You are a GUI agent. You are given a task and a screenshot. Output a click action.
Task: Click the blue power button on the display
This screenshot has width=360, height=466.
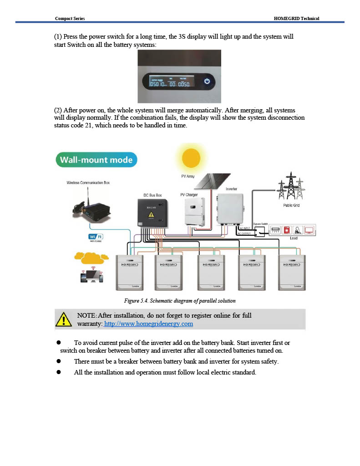click(207, 81)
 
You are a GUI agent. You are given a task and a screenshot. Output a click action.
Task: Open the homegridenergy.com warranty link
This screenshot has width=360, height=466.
click(148, 324)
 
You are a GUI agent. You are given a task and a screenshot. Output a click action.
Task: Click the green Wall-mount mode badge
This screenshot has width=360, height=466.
click(96, 160)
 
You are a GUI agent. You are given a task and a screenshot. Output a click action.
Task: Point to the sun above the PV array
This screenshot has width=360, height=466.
click(191, 158)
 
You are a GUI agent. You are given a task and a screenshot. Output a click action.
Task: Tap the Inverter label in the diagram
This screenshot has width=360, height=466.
click(231, 189)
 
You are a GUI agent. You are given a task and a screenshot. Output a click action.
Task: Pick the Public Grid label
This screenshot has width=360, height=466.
click(291, 205)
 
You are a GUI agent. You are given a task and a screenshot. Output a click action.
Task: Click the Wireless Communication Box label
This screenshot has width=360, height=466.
click(88, 182)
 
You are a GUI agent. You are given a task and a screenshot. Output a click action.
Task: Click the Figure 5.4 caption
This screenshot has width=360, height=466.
click(180, 301)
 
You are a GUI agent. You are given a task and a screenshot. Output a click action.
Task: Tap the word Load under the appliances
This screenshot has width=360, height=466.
click(294, 238)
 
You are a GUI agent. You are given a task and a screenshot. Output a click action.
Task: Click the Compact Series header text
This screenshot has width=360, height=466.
click(70, 18)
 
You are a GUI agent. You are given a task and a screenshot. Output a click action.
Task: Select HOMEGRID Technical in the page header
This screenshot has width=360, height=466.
click(296, 18)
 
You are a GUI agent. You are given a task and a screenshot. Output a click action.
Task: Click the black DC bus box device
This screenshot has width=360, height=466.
click(152, 213)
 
